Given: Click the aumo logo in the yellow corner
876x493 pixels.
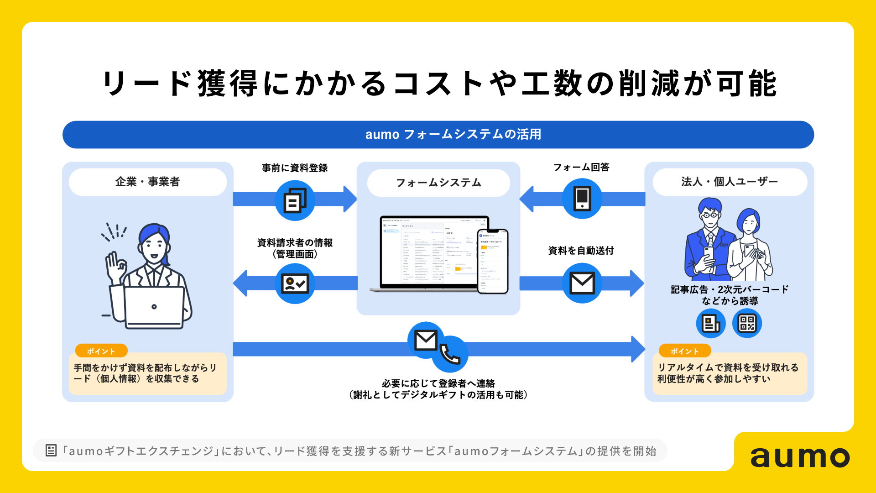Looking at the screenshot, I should [x=800, y=456].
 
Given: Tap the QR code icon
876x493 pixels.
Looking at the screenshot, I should [x=747, y=323].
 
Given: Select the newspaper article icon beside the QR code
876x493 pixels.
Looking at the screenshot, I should [x=710, y=323].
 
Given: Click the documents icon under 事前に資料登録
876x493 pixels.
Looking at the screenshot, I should [x=295, y=200].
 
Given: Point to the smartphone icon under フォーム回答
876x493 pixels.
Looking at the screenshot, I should [x=582, y=199].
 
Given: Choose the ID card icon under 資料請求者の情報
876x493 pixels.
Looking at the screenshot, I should [x=295, y=283].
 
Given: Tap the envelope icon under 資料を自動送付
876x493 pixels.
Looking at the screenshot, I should [x=582, y=283].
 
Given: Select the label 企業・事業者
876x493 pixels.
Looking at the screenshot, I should [x=147, y=182].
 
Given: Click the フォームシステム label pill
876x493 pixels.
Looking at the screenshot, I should [x=438, y=183].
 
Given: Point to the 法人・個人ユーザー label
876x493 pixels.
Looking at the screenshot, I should [x=729, y=182].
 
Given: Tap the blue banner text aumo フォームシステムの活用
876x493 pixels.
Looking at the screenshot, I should [x=453, y=134].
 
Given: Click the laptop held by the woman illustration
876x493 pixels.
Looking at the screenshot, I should [x=154, y=307].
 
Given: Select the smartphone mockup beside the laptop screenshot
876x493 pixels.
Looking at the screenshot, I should [x=492, y=261].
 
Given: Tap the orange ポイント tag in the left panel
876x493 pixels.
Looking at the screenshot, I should [x=101, y=351].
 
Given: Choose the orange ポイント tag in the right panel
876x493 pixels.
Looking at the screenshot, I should [x=684, y=351].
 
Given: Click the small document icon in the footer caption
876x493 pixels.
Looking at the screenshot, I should [x=51, y=451].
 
